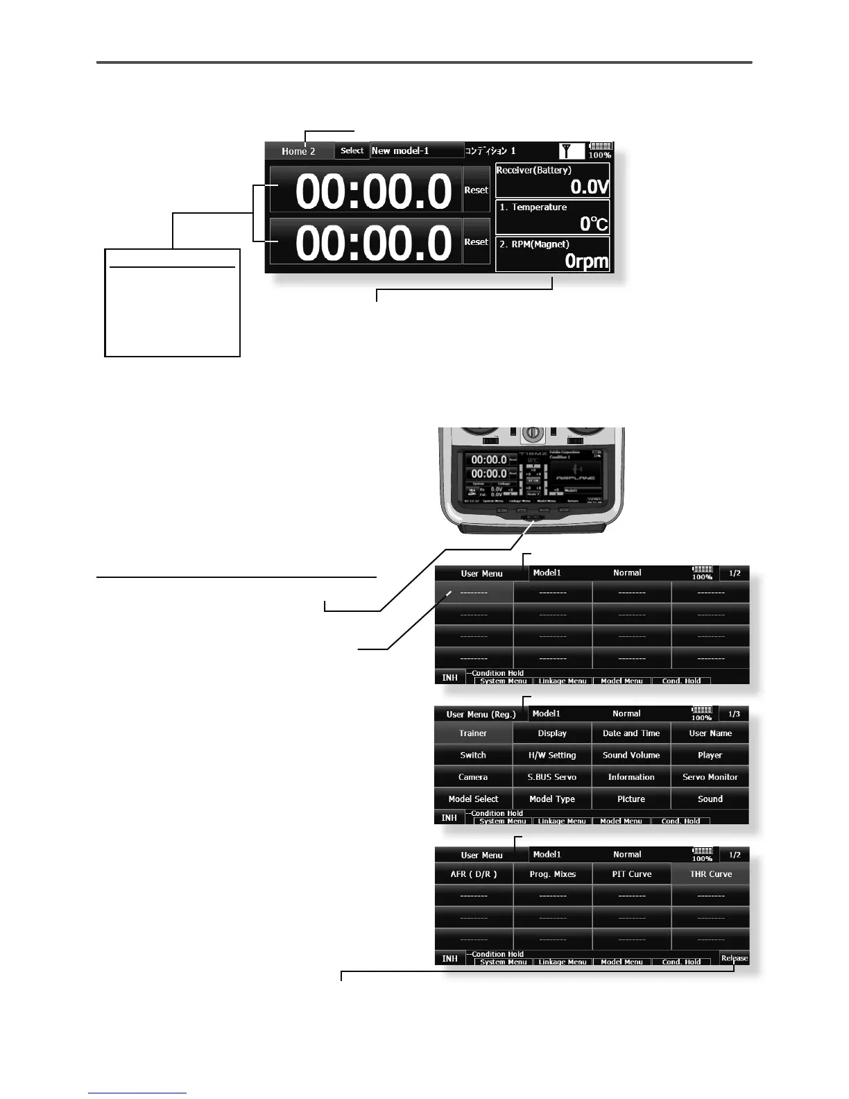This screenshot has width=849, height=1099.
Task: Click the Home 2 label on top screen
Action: pyautogui.click(x=298, y=151)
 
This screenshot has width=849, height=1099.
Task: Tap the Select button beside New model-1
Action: pyautogui.click(x=352, y=151)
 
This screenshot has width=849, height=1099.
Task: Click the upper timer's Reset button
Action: pyautogui.click(x=476, y=189)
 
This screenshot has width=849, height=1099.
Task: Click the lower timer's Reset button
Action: pyautogui.click(x=476, y=241)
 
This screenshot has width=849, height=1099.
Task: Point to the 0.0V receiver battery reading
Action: pyautogui.click(x=589, y=187)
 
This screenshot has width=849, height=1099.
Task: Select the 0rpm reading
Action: pyautogui.click(x=586, y=262)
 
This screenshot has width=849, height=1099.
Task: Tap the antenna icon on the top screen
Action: pyautogui.click(x=569, y=151)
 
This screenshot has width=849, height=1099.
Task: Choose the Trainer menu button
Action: pyautogui.click(x=473, y=733)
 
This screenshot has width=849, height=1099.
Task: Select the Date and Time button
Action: pyautogui.click(x=631, y=733)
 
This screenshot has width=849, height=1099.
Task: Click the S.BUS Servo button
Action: pyautogui.click(x=552, y=777)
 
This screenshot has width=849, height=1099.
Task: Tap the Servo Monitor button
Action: pyautogui.click(x=710, y=777)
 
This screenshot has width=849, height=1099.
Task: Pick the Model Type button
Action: pyautogui.click(x=552, y=799)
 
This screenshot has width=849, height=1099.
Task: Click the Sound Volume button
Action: pyautogui.click(x=631, y=755)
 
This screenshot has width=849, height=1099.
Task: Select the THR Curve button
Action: pyautogui.click(x=711, y=874)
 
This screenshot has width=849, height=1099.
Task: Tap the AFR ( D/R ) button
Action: pyautogui.click(x=474, y=874)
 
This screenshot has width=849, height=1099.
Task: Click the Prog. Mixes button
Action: pyautogui.click(x=553, y=874)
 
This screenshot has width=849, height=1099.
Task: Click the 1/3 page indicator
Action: pyautogui.click(x=734, y=714)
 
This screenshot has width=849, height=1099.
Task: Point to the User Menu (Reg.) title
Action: pyautogui.click(x=481, y=715)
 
